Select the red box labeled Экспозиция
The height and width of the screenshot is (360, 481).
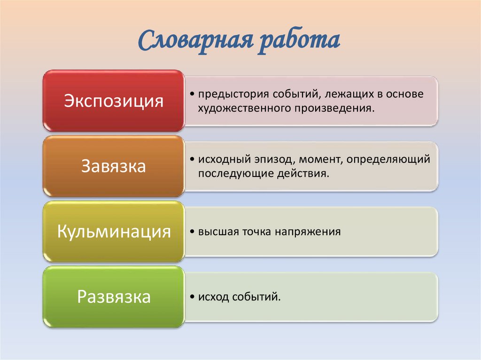pyautogui.click(x=113, y=101)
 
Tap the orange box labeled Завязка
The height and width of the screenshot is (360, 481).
pyautogui.click(x=113, y=166)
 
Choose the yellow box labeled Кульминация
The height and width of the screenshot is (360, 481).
pyautogui.click(x=113, y=231)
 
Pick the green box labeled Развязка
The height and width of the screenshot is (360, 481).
pyautogui.click(x=113, y=297)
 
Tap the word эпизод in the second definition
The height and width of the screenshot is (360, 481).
pyautogui.click(x=262, y=160)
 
